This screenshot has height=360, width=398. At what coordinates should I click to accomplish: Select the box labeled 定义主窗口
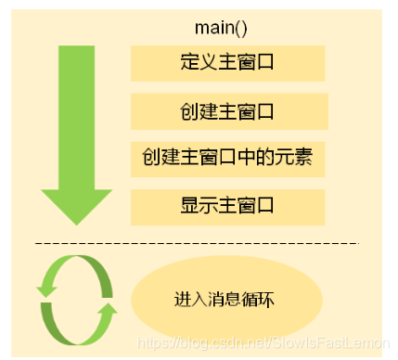click(x=227, y=63)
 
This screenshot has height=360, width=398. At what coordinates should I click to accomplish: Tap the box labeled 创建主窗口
click(x=227, y=111)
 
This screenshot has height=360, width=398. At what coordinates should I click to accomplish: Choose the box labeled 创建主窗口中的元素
click(x=227, y=159)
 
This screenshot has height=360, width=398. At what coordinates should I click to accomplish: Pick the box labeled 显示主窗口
click(x=227, y=206)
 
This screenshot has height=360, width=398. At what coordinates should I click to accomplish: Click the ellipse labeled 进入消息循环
click(x=227, y=301)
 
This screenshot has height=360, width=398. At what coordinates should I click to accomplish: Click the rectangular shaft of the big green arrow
click(x=70, y=111)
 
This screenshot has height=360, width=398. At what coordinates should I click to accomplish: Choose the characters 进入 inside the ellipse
click(x=189, y=301)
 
